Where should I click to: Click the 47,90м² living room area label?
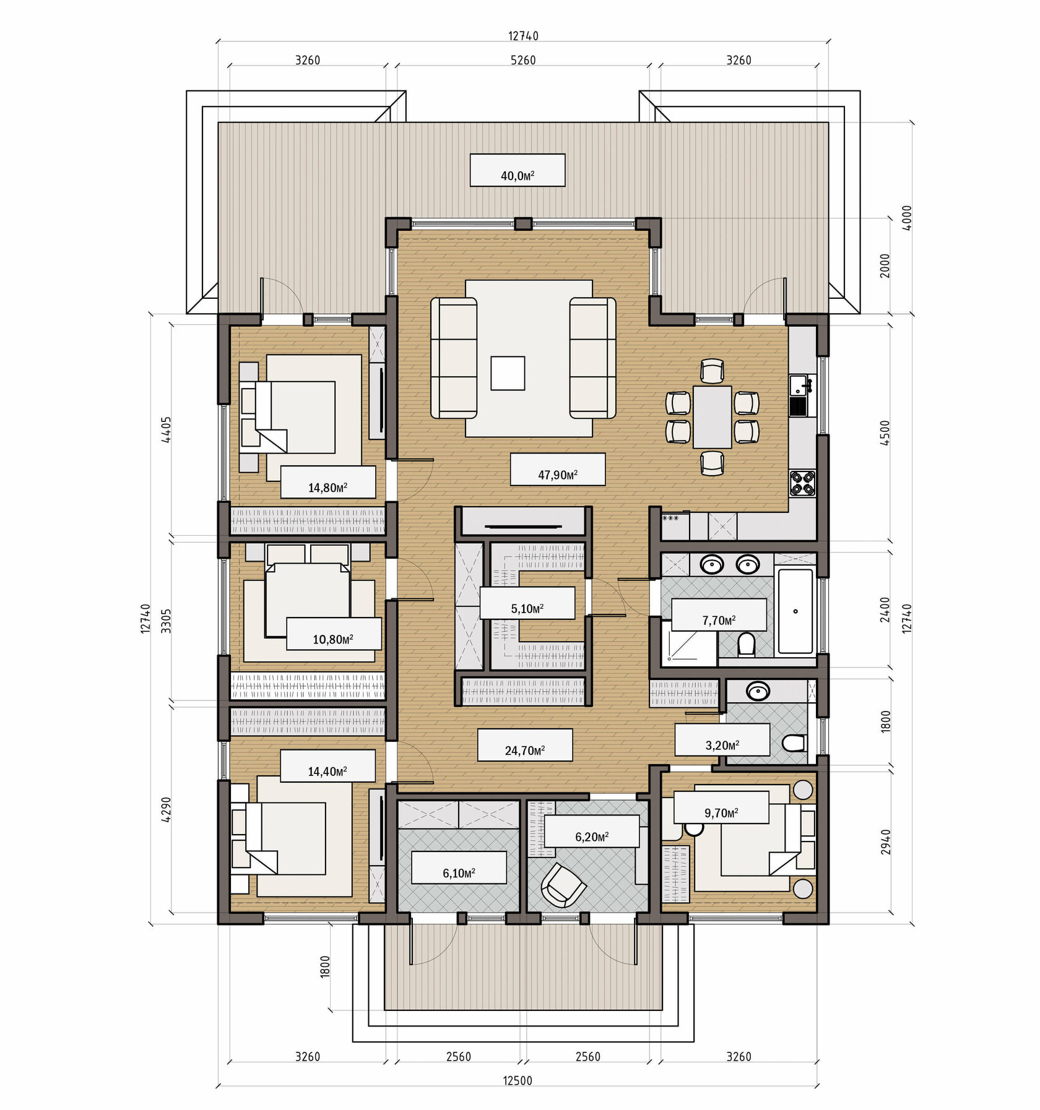557,475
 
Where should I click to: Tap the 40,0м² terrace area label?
518,176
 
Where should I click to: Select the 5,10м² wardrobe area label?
527,608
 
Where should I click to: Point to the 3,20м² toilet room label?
722,745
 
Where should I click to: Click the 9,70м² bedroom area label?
721,812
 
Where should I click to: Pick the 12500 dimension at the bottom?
518,1080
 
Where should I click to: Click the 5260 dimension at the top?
523,60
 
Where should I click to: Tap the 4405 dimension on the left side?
166,429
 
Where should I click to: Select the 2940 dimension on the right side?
886,842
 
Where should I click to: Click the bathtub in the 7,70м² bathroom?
795,611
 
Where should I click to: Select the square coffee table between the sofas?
508,373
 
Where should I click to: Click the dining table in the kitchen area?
712,416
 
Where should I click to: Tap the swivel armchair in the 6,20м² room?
563,885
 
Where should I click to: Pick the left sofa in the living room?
454,358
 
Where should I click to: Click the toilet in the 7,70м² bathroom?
746,644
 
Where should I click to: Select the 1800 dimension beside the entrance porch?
325,966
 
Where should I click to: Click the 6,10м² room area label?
459,873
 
